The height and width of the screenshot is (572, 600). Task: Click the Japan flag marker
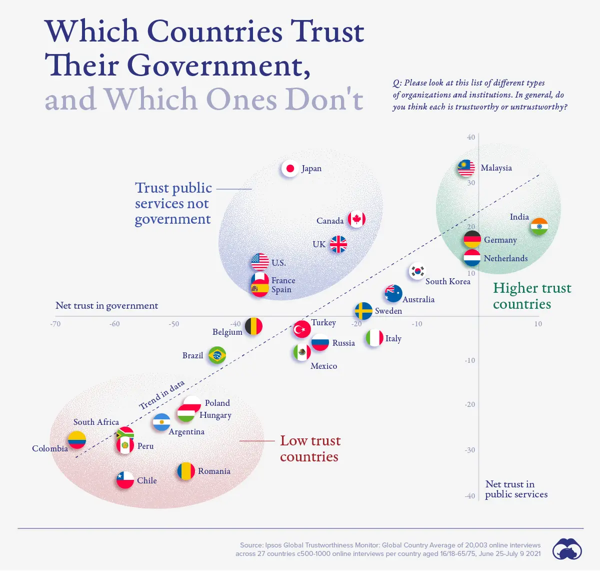click(x=290, y=169)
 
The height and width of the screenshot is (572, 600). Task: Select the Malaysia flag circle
click(x=466, y=168)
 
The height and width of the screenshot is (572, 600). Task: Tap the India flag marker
click(x=539, y=226)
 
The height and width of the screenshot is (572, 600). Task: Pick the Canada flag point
click(x=356, y=219)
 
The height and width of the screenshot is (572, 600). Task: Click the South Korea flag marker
click(x=417, y=271)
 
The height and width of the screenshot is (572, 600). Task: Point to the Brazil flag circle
click(x=217, y=355)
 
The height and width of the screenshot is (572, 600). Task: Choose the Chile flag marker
click(x=125, y=480)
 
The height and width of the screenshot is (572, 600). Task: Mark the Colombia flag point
click(x=77, y=440)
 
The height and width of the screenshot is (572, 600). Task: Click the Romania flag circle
click(x=186, y=471)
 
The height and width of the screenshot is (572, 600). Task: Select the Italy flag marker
click(x=374, y=338)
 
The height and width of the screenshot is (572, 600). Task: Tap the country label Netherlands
click(x=505, y=258)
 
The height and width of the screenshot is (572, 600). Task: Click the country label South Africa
click(x=96, y=422)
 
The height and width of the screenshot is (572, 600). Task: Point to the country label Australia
click(x=418, y=299)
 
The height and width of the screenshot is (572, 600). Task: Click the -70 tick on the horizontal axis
click(x=55, y=324)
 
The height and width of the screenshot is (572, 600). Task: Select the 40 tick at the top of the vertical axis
click(x=471, y=137)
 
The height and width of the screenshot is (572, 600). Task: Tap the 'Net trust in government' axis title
click(x=106, y=305)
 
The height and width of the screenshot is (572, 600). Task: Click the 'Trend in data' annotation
click(x=161, y=394)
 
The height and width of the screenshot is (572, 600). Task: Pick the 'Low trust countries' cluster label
click(x=309, y=448)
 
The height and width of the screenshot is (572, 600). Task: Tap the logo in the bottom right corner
click(x=567, y=549)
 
